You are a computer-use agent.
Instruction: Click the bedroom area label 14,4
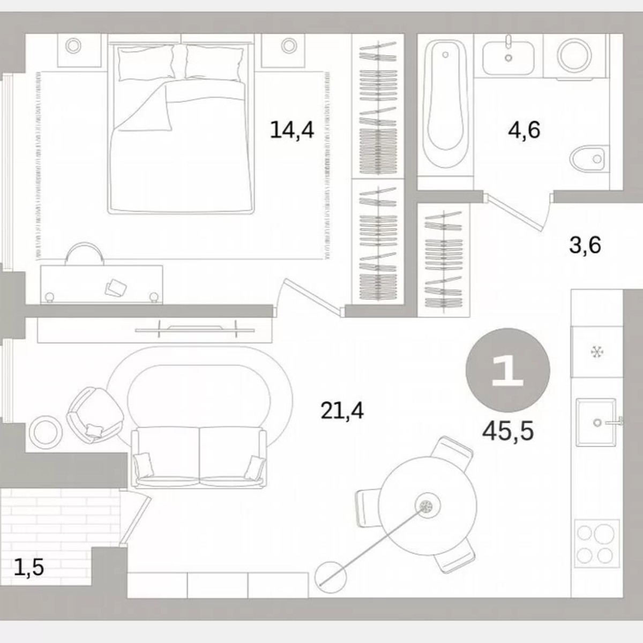point(291,130)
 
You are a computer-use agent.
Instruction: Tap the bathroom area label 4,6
point(524,130)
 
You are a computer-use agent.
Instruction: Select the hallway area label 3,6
point(585,245)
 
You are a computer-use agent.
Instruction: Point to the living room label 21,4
point(342,411)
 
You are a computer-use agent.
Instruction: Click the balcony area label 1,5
point(28,566)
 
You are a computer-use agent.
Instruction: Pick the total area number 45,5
point(507,430)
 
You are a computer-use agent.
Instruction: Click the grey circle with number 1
point(507,370)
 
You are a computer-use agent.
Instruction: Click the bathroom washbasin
point(508,55)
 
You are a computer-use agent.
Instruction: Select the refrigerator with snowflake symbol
point(595,352)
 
